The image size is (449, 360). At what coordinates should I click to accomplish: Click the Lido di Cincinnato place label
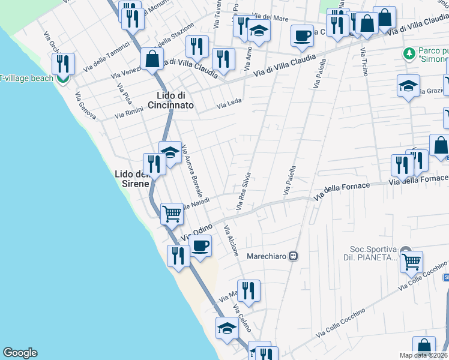point(175,100)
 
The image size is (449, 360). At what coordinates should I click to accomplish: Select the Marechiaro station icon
point(294,256)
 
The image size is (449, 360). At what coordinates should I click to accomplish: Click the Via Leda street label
point(229,104)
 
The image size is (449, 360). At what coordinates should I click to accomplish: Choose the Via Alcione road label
point(231,241)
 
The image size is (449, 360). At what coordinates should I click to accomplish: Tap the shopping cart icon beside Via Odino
point(172,213)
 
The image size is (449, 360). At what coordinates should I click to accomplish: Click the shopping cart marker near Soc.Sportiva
point(411,262)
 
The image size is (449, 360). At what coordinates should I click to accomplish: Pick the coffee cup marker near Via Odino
point(200,246)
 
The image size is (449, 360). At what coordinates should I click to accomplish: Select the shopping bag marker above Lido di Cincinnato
point(152,59)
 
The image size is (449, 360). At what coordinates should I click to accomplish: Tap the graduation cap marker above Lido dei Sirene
point(170,152)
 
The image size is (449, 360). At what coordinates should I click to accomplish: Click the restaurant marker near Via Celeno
point(249,291)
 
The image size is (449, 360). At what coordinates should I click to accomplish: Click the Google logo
point(20,353)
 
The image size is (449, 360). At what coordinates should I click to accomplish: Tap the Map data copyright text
point(423,355)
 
